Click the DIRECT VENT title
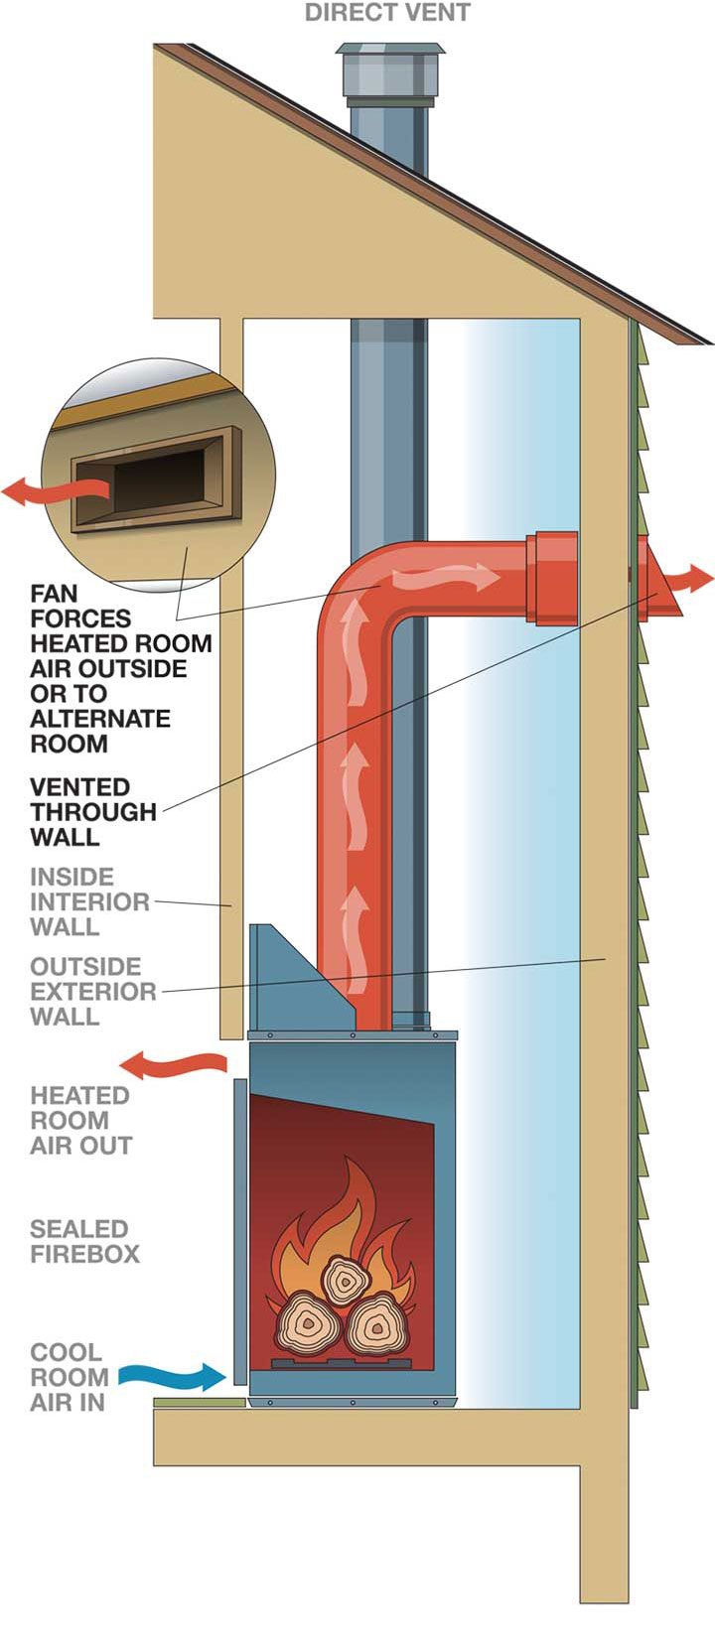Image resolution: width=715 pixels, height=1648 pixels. coord(387,13)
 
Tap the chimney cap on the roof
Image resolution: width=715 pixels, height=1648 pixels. coord(389,73)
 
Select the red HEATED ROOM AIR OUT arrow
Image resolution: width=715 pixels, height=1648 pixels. coord(173,1065)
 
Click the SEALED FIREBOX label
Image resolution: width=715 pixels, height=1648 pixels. coord(84,1241)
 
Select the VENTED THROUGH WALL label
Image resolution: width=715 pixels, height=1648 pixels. coord(92,812)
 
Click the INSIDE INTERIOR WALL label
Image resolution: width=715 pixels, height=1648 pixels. coord(89,901)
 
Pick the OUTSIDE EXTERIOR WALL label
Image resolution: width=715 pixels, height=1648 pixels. coord(92,991)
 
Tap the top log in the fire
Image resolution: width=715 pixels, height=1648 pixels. coord(343,1282)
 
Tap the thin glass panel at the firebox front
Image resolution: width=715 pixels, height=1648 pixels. coord(239,1232)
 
